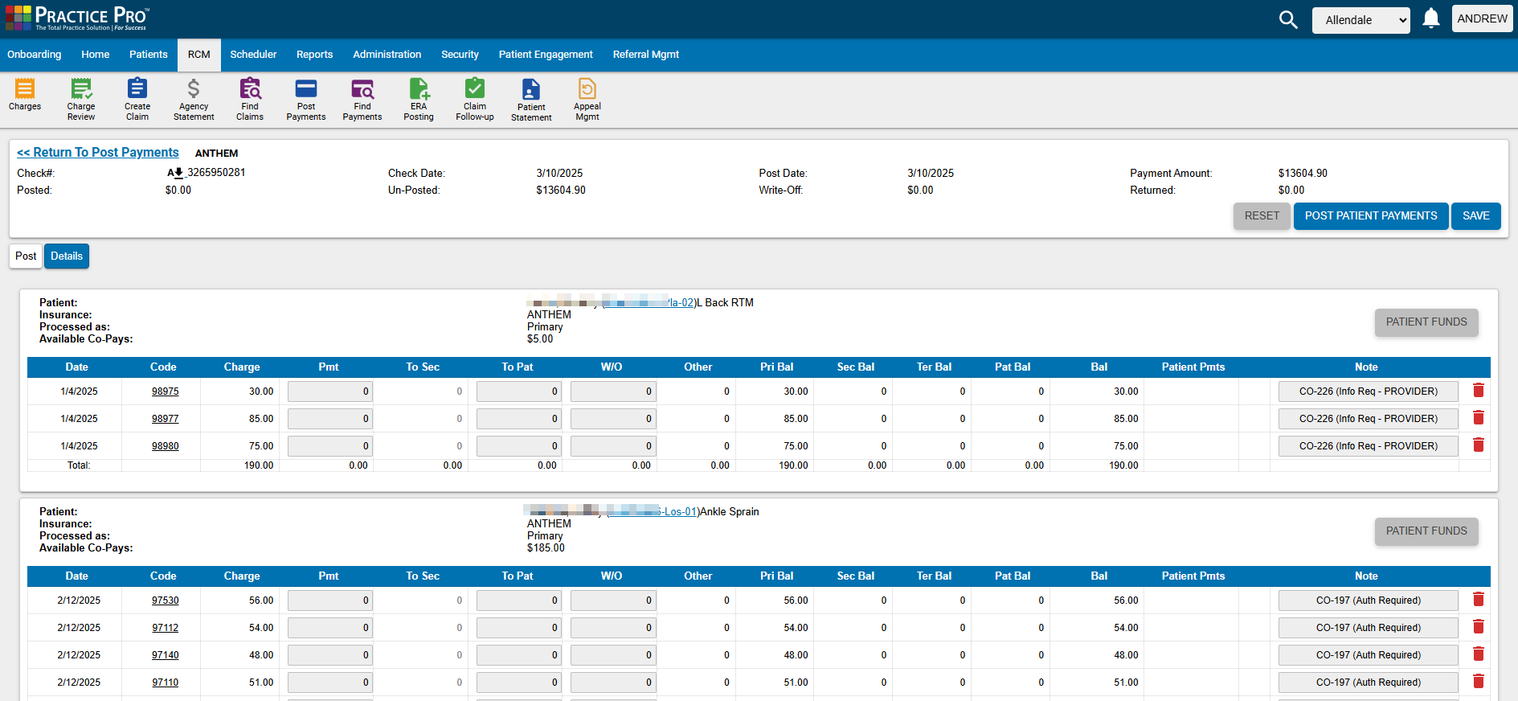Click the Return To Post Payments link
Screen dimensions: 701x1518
[98, 153]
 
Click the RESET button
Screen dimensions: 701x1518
[1262, 216]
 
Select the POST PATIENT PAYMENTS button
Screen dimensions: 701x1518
[1370, 216]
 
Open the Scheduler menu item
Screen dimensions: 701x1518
[253, 55]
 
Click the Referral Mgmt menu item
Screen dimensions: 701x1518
[645, 55]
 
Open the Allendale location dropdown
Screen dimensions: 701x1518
[1360, 20]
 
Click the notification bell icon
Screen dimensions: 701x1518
[1430, 19]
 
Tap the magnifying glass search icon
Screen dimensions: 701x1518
[1287, 20]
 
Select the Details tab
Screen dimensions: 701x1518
[67, 256]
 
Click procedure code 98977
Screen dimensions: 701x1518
[166, 419]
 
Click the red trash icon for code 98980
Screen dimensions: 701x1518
[1478, 445]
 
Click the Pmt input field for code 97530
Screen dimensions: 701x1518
[330, 601]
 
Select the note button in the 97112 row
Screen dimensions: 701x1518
[1368, 628]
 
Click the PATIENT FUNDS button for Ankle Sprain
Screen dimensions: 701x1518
[1426, 531]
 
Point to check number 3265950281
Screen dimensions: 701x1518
[215, 173]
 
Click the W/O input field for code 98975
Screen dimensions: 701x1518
[613, 391]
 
